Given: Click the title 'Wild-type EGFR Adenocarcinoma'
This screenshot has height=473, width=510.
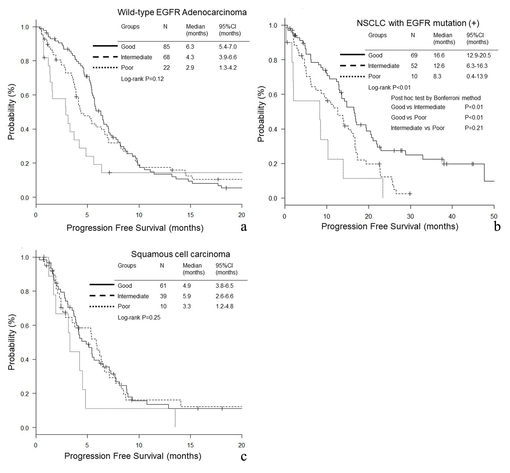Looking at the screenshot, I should [182, 12].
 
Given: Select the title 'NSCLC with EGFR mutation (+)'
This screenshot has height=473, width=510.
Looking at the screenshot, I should [418, 23].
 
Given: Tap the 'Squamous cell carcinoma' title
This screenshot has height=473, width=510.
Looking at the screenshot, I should [180, 254].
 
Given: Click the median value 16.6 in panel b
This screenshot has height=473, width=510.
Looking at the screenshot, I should [439, 56].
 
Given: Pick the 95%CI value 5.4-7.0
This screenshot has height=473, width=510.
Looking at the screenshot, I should [228, 47].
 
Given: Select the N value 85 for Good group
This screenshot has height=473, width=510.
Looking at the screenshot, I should [166, 47].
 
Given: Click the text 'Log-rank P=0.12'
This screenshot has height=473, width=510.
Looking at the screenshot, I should [142, 79].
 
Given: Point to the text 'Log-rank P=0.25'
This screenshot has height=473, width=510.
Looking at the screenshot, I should [139, 318].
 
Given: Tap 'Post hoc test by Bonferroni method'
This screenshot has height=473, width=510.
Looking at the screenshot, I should [436, 98].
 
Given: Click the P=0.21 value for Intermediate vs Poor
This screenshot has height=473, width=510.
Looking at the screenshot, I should [474, 128].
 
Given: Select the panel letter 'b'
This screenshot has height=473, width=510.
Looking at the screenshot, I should [497, 227].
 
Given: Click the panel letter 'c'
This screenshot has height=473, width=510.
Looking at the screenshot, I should [243, 456].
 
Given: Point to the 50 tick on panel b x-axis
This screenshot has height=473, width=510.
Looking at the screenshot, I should [494, 216].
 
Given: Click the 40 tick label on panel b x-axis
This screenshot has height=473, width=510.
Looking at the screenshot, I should [452, 216].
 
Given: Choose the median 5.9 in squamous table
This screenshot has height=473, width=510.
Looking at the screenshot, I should [187, 296].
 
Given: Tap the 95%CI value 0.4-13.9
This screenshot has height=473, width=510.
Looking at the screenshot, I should [477, 76].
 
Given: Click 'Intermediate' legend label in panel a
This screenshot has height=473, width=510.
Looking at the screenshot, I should [136, 57].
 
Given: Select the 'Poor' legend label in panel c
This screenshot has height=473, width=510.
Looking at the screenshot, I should [124, 306].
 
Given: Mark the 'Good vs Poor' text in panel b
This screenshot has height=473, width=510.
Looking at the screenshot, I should [409, 117].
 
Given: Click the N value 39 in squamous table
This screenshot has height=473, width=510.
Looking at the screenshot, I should [163, 296].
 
